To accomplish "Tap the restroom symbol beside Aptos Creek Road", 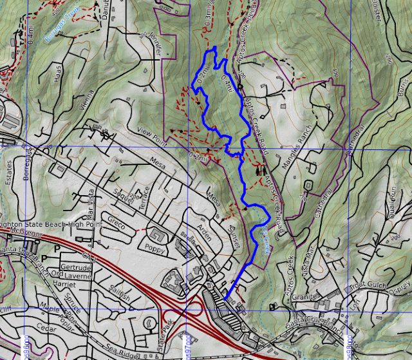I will coord(260,171).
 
